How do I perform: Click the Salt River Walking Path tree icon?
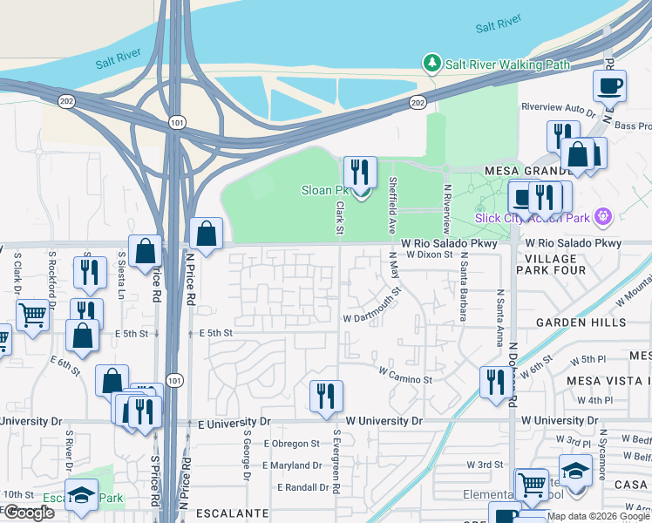click(x=431, y=63)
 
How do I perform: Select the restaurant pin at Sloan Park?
click(x=359, y=173)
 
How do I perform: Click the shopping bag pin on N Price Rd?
click(x=206, y=234)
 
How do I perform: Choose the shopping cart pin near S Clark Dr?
click(x=32, y=315)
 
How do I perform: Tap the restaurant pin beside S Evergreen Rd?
click(x=326, y=396)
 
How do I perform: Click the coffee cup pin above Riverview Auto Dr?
click(x=609, y=86)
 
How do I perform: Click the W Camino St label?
click(x=405, y=379)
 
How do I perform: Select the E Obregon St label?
click(x=291, y=444)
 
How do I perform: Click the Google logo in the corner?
click(x=29, y=513)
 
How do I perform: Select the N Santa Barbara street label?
click(x=464, y=286)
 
